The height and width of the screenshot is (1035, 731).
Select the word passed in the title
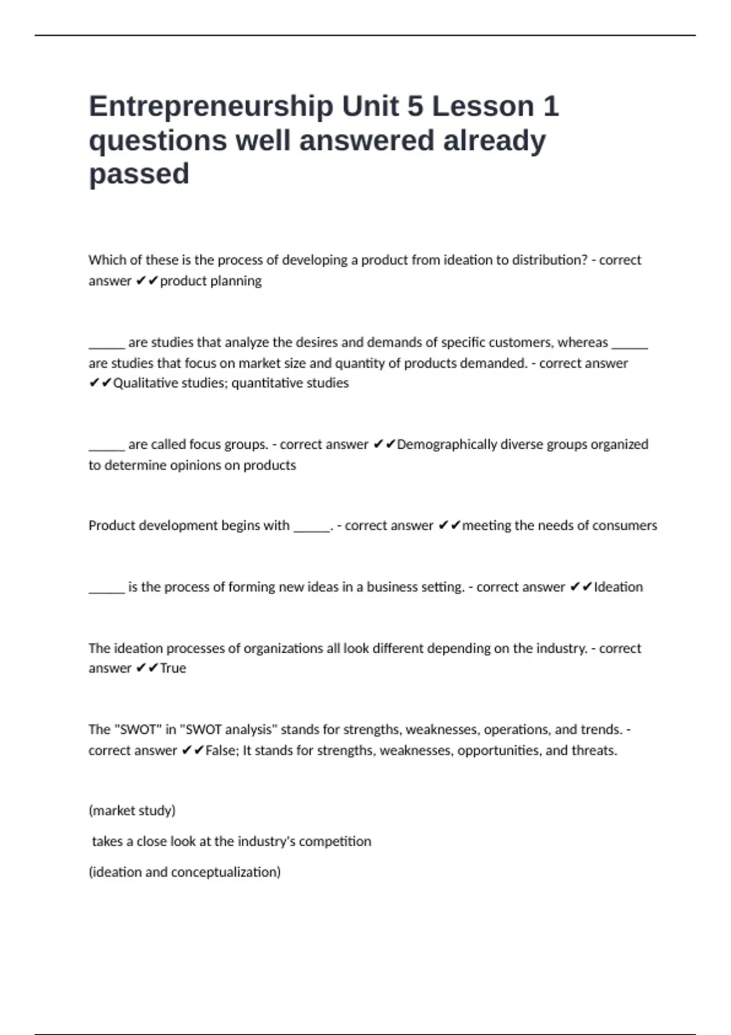coord(139,174)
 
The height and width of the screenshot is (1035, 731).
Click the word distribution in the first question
coord(549,260)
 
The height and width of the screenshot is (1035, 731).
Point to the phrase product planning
coord(211,281)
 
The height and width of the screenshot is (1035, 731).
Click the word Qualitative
coord(147,383)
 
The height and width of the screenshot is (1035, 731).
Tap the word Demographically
coord(447,444)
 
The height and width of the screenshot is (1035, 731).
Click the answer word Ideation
coord(618,587)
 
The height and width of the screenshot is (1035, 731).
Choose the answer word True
coord(173,668)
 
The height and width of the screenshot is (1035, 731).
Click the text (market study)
coord(132,810)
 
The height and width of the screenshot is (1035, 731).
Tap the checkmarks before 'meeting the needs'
coord(450,525)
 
